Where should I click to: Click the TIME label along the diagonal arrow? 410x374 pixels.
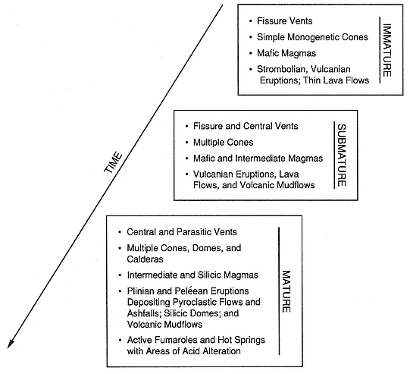coord(113,162)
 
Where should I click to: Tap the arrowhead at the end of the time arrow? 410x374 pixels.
coord(11,344)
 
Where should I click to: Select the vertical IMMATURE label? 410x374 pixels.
coord(387,50)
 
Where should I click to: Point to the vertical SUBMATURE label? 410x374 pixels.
coord(342,155)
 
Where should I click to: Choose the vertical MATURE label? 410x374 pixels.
coord(286,291)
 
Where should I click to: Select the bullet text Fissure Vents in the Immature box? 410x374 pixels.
coord(284,21)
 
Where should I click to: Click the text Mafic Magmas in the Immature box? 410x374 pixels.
coord(286,53)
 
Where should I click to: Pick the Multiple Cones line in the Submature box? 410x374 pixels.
coord(223,143)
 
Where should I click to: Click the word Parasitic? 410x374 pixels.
coord(194,232)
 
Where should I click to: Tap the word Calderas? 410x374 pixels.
coord(145,259)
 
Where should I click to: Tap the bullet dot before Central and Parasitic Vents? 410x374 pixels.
coord(120,232)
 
